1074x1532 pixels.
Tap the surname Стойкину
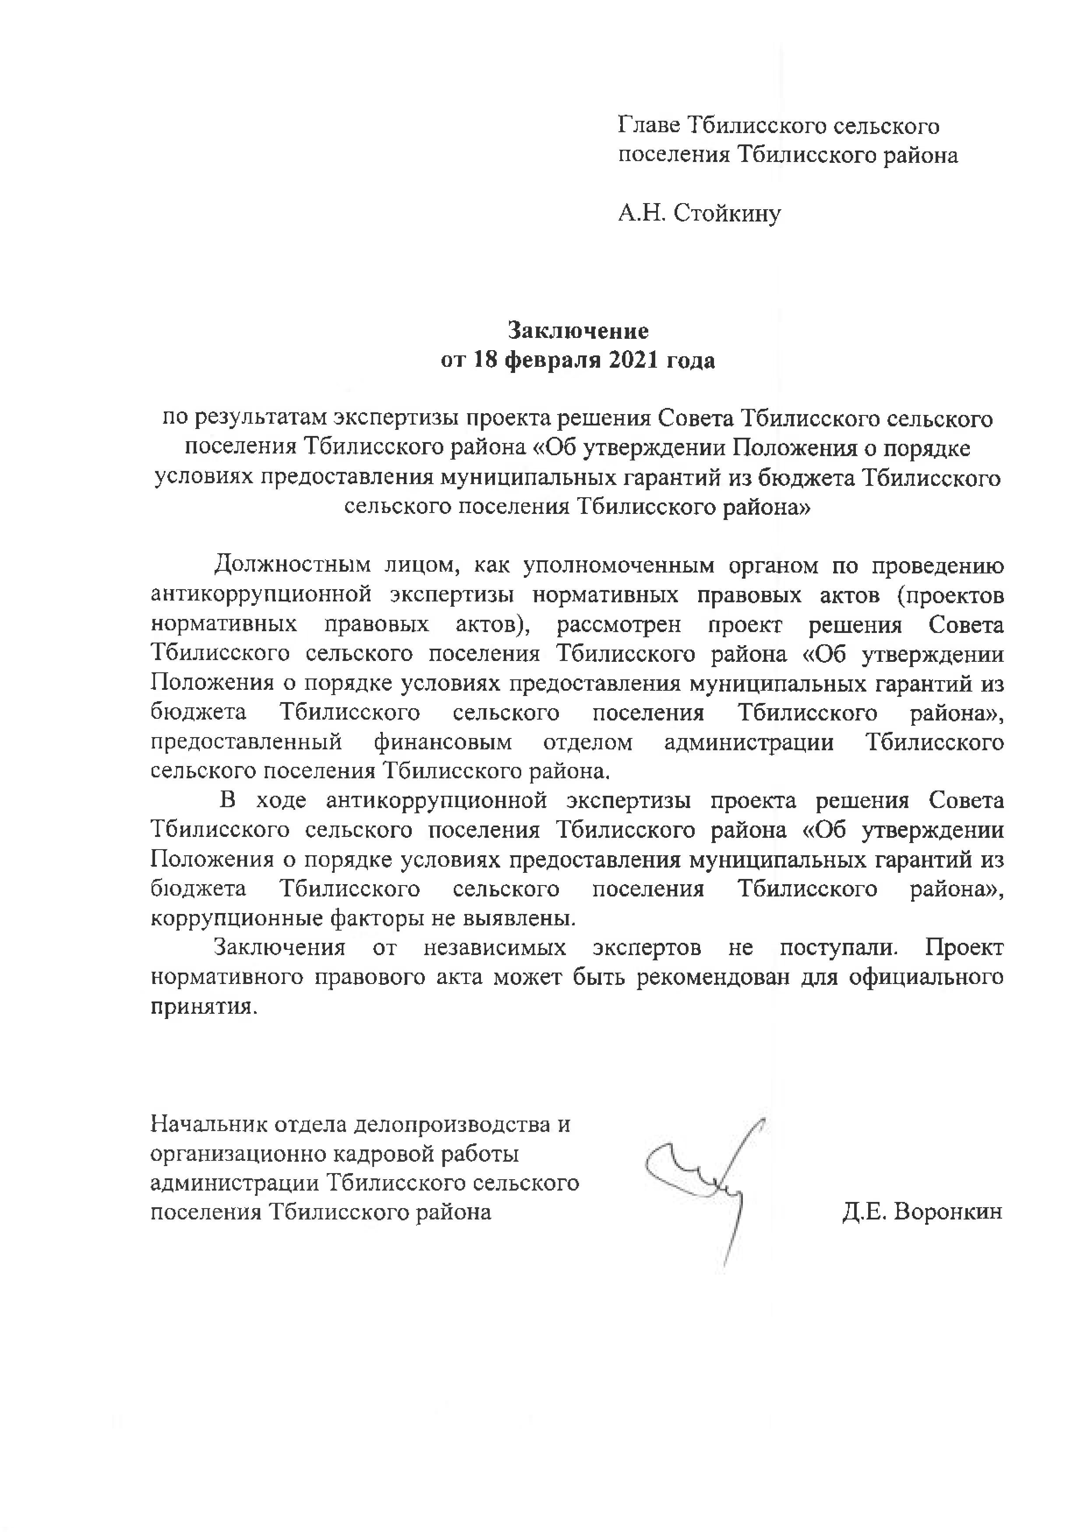coord(727,214)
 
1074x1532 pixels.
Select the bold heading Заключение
coord(578,330)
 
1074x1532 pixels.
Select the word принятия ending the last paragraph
coord(202,1007)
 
